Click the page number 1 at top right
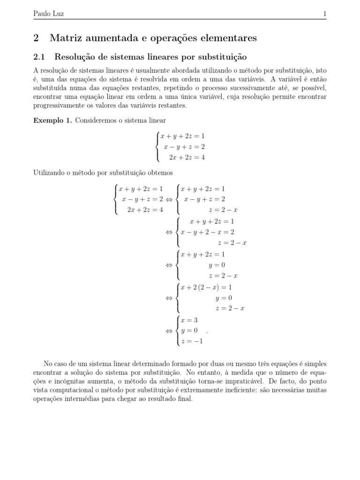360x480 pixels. pos(324,14)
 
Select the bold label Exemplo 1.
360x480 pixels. pos(52,120)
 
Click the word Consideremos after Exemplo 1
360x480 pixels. pos(96,120)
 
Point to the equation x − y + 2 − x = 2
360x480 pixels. pos(208,232)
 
